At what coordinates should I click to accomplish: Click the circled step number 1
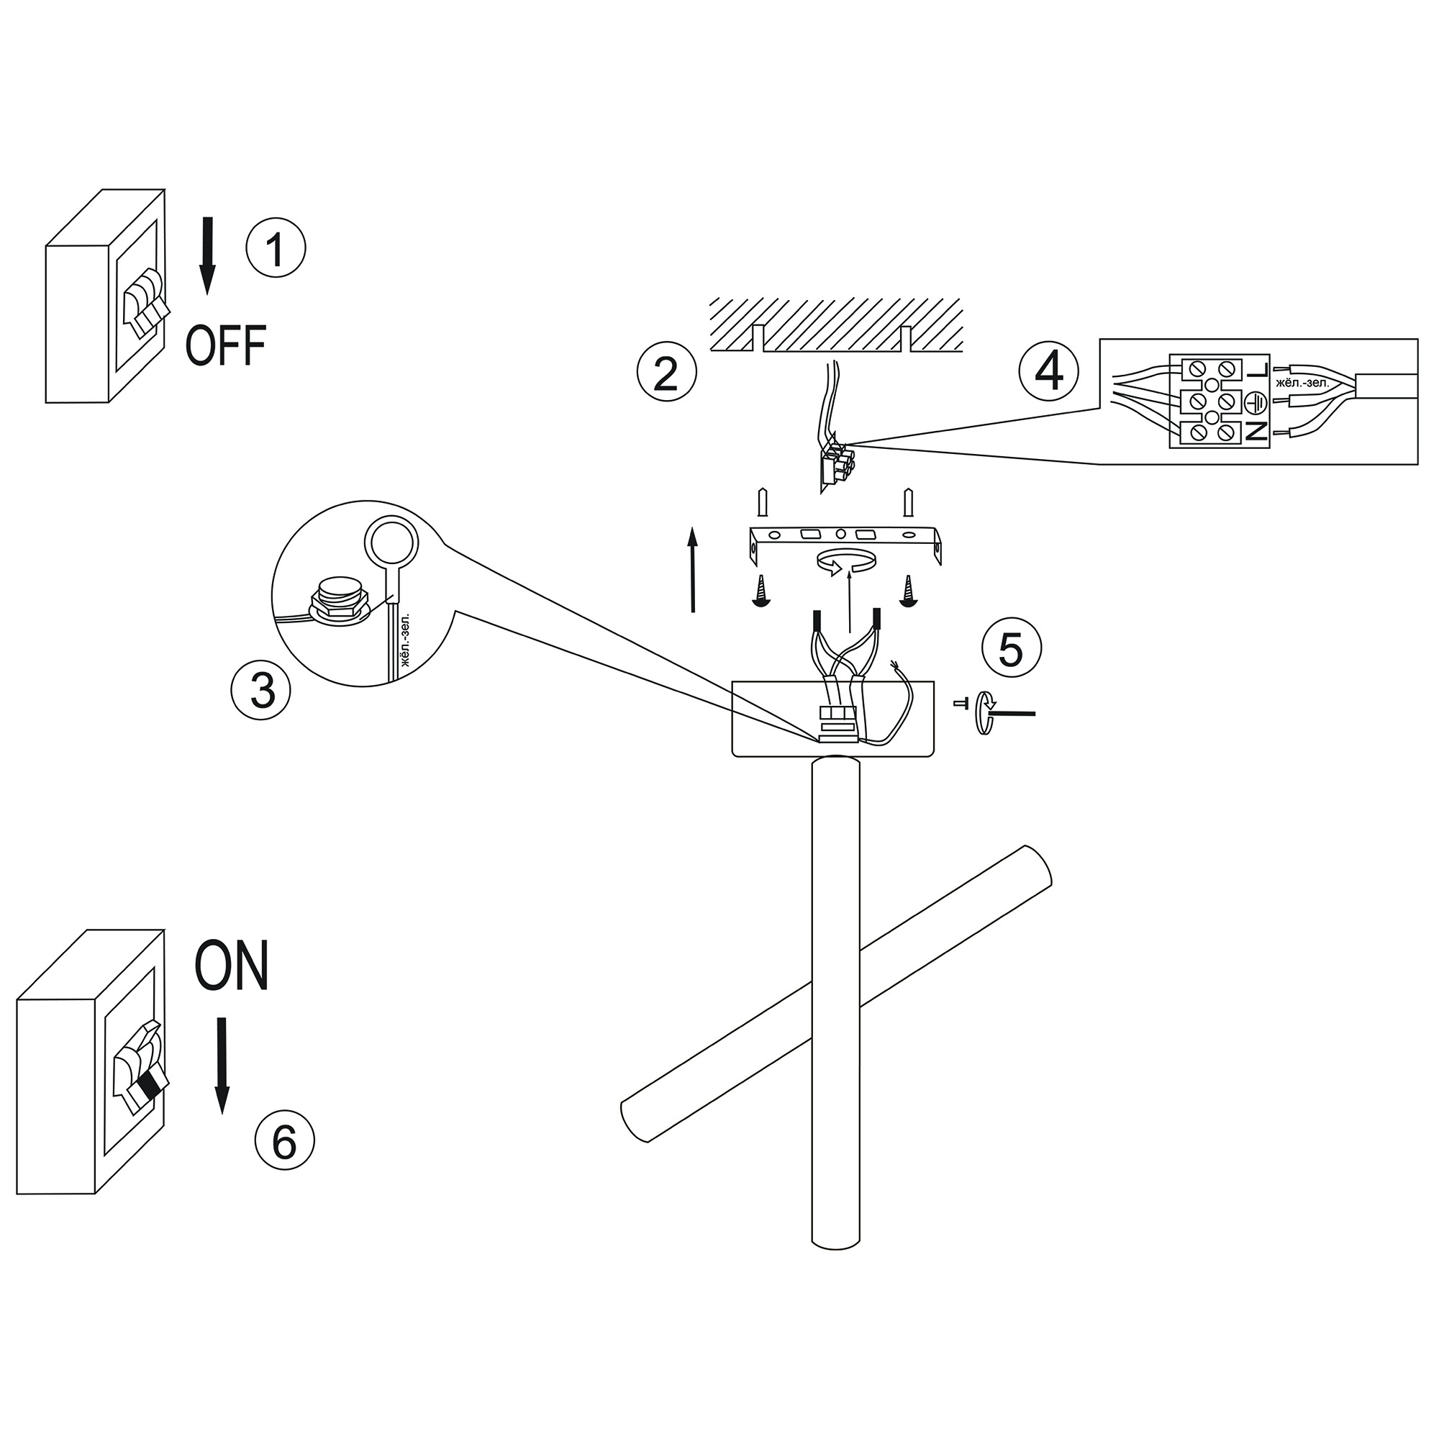(x=276, y=248)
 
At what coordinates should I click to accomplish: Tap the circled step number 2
(x=667, y=373)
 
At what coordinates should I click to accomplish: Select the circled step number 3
(x=260, y=689)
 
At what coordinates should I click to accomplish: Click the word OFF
(x=226, y=345)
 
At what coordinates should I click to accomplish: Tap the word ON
(x=231, y=966)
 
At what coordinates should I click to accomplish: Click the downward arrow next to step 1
(x=208, y=255)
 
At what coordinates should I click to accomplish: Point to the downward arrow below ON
(x=222, y=1066)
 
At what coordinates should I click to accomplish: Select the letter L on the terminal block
(x=1258, y=370)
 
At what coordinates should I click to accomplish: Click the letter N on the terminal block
(x=1257, y=431)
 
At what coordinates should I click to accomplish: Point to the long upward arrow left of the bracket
(x=693, y=569)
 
